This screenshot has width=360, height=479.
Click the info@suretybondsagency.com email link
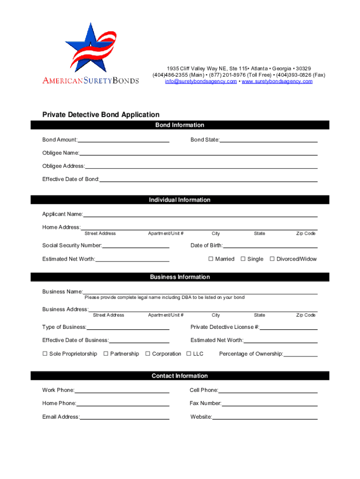(x=201, y=81)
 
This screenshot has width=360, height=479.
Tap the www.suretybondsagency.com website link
(x=277, y=81)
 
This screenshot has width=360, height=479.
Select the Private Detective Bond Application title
(x=101, y=115)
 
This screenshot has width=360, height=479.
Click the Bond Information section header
(x=180, y=125)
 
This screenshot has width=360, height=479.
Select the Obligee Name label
(x=61, y=153)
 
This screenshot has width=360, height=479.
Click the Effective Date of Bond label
(x=71, y=179)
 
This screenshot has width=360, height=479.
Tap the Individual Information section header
(x=180, y=200)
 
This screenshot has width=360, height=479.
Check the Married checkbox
(x=211, y=259)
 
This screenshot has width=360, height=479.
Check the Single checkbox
(x=243, y=259)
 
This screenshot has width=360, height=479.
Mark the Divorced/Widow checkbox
(x=272, y=259)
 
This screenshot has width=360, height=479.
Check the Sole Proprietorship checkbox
(x=45, y=354)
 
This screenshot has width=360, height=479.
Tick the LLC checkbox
(x=189, y=354)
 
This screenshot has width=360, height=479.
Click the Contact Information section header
(x=180, y=376)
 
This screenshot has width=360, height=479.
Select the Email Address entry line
(x=124, y=418)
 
